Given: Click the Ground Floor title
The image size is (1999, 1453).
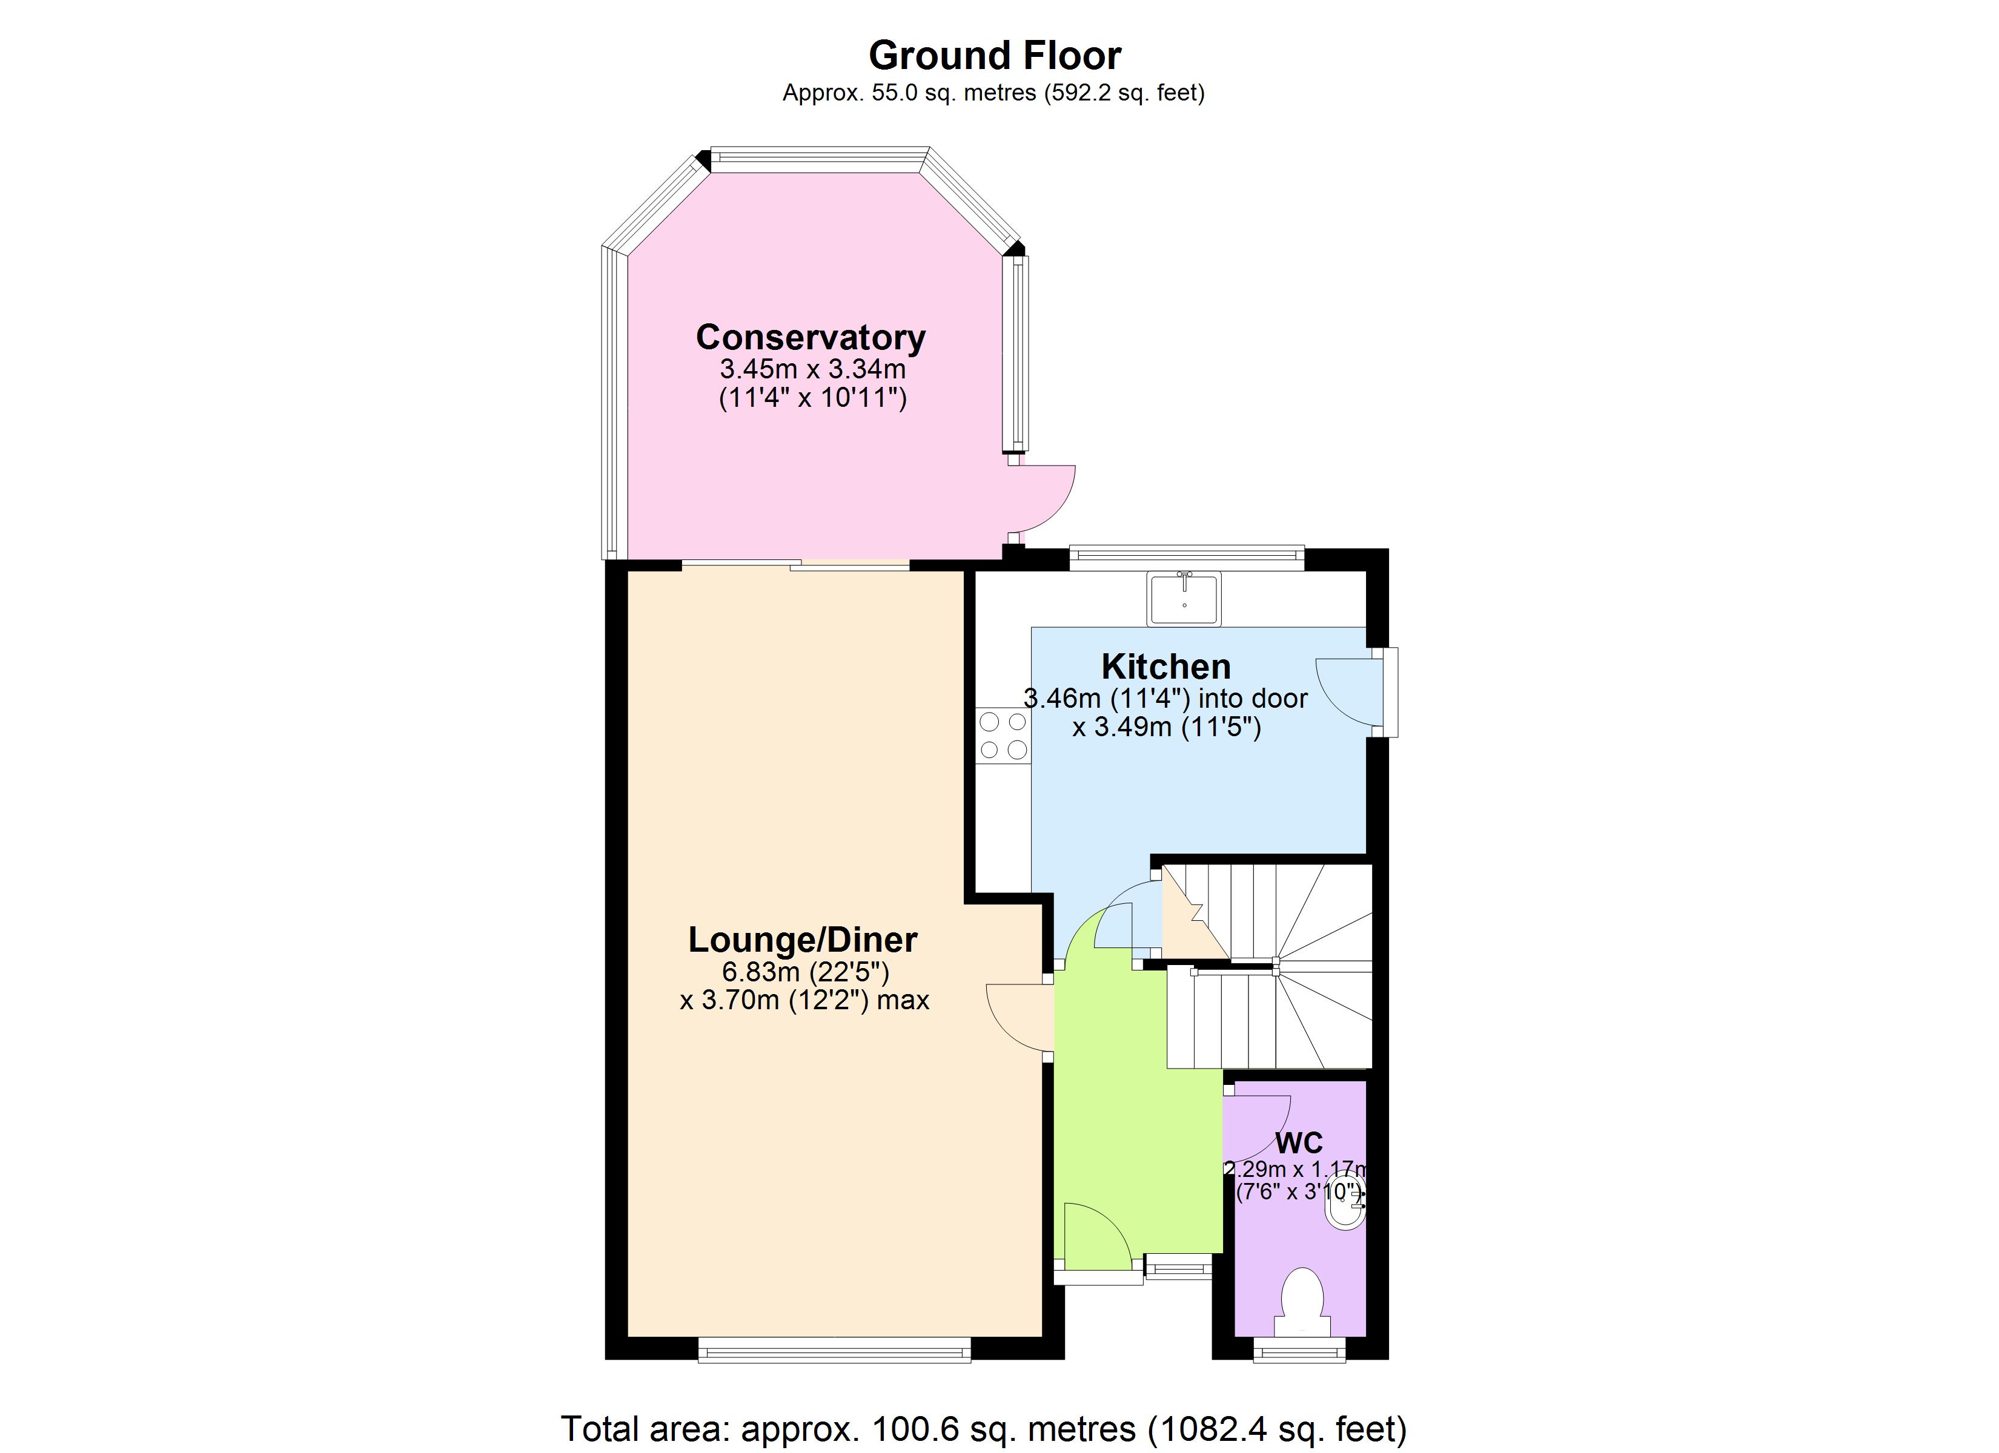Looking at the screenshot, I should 994,56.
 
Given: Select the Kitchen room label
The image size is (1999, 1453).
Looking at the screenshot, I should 1165,666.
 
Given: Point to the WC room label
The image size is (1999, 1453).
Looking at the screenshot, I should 1298,1143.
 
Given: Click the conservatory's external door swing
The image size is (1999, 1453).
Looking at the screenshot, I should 1042,498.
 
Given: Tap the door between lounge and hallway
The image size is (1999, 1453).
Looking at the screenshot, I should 1018,1018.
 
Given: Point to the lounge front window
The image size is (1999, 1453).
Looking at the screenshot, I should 834,1350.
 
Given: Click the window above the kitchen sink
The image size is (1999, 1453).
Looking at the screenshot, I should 1186,554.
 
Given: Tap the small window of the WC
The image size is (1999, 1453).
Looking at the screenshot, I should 1299,1350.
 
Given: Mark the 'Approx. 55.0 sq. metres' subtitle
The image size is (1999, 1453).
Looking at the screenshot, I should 993,93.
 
